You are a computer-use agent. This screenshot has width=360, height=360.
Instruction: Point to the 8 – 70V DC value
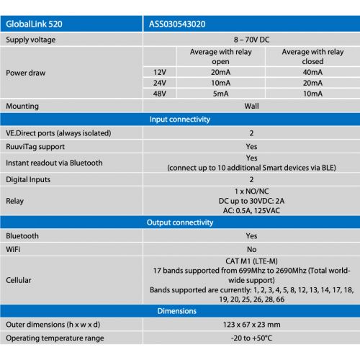[251, 40]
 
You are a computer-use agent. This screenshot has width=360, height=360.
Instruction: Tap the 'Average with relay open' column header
[210, 57]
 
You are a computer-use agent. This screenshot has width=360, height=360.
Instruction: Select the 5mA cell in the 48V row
[210, 94]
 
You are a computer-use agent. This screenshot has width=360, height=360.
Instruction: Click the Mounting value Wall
[251, 106]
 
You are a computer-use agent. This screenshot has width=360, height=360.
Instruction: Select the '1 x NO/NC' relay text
[251, 191]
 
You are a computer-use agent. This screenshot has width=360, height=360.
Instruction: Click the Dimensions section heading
[179, 311]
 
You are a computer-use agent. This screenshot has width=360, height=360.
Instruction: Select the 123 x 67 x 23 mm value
[251, 324]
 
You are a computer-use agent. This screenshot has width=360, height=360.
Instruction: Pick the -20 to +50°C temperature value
[251, 338]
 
